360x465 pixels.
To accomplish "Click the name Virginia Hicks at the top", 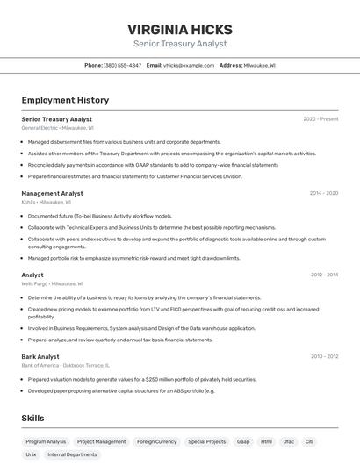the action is [x=180, y=29].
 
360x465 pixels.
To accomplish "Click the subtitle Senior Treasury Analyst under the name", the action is [x=180, y=44].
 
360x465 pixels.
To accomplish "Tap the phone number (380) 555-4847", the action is [x=122, y=65].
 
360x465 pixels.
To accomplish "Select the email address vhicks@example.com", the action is [x=189, y=65].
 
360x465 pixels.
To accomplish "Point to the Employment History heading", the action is [x=65, y=101].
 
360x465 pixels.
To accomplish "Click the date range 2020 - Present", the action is [x=320, y=119].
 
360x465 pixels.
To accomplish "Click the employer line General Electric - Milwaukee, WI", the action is [x=58, y=128].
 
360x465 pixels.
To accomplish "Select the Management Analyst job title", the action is [x=53, y=193].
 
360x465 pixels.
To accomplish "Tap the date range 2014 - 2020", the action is [x=323, y=193].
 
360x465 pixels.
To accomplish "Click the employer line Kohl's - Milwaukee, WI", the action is [x=47, y=202].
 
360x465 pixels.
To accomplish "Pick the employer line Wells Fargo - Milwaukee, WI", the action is [x=53, y=284].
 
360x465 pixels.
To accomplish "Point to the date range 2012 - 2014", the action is [x=324, y=275].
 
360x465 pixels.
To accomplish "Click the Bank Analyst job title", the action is [x=40, y=357].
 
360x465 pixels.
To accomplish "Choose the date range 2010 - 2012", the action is [x=324, y=357].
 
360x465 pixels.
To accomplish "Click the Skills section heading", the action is [x=33, y=418].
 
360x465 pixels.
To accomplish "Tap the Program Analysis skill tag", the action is [x=46, y=442].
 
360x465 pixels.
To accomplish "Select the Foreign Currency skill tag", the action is [x=157, y=442].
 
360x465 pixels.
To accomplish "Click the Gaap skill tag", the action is [x=243, y=442].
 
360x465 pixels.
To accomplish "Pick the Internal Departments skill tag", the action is [x=72, y=455].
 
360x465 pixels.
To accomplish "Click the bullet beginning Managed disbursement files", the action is [x=124, y=142].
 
